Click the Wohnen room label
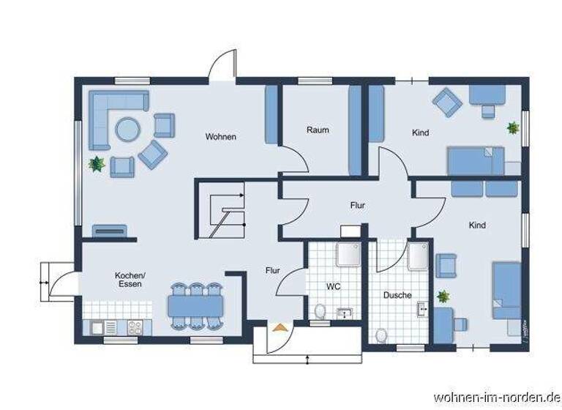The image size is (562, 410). pyautogui.click(x=220, y=136)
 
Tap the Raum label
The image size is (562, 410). pyautogui.click(x=318, y=130)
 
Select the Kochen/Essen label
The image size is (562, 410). pyautogui.click(x=130, y=279)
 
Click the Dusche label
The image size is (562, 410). pyautogui.click(x=397, y=295)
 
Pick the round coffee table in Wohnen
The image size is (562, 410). pyautogui.click(x=127, y=130)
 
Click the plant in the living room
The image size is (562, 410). pyautogui.click(x=96, y=163)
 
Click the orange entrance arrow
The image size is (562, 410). pyautogui.click(x=278, y=328)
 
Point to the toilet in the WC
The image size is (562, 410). pyautogui.click(x=320, y=313)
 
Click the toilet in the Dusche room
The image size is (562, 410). pyautogui.click(x=381, y=336)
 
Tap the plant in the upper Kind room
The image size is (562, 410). pyautogui.click(x=513, y=127)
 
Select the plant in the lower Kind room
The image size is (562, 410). pyautogui.click(x=443, y=296)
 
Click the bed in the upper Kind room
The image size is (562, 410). pyautogui.click(x=476, y=160)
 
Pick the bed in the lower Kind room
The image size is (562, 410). pyautogui.click(x=506, y=290)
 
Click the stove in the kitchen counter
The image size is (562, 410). pyautogui.click(x=135, y=328)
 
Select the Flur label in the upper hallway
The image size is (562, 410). pyautogui.click(x=357, y=206)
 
